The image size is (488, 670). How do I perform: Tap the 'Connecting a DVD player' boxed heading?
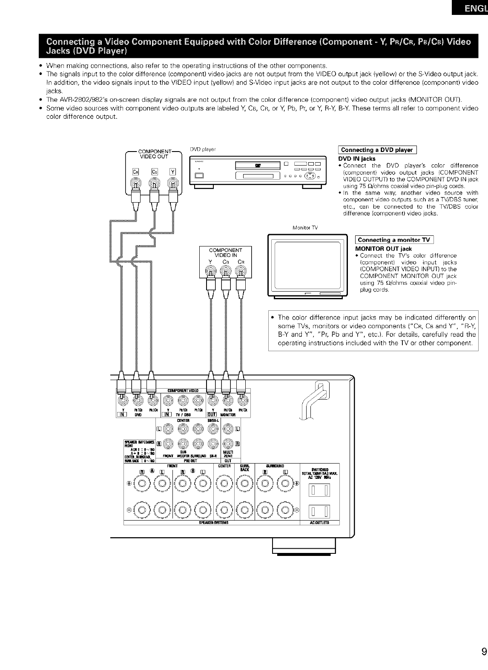point(377,150)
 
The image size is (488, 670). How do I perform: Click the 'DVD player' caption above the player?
point(203,149)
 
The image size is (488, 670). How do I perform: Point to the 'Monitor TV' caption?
point(305,228)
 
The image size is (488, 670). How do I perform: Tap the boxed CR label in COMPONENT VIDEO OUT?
point(136,172)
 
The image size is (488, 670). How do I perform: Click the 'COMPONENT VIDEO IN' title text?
point(225,252)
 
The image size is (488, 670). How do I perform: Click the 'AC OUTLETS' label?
point(320,523)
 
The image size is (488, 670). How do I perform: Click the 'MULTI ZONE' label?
point(228,454)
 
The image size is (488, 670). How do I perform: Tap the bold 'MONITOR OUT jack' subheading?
point(383,249)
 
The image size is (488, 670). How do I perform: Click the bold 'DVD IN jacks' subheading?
point(356,159)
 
